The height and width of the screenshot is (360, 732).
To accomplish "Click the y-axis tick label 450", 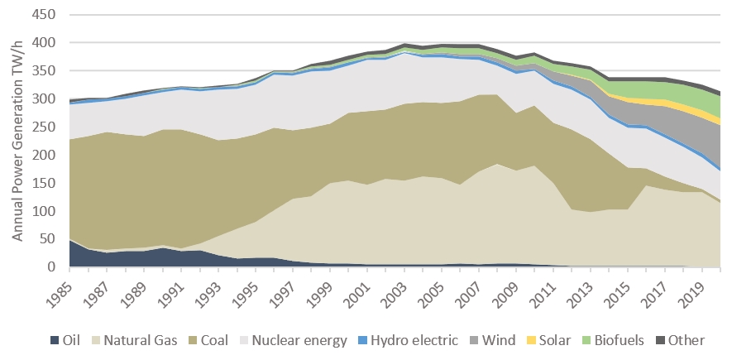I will (45, 15).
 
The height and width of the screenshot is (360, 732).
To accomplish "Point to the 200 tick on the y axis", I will (45, 156).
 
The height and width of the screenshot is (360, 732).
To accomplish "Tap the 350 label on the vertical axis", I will (45, 71).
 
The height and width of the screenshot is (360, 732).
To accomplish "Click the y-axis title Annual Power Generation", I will (17, 141).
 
